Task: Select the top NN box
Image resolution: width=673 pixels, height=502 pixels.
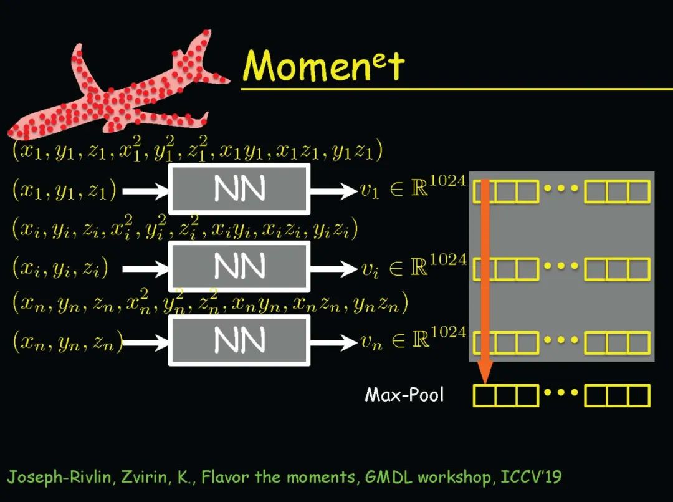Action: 239,189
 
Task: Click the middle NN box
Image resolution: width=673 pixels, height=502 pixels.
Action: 239,267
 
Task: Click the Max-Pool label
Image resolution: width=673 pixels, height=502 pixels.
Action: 404,395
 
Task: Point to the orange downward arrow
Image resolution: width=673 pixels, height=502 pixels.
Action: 485,281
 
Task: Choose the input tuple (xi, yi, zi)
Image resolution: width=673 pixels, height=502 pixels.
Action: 60,268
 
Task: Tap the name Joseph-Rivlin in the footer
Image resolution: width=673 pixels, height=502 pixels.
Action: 47,478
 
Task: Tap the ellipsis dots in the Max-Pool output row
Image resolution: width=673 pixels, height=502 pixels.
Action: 561,394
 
